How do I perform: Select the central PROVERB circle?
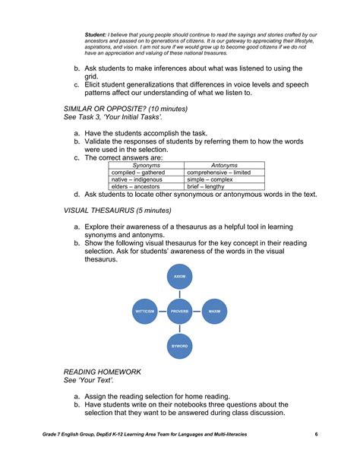tap(180, 312)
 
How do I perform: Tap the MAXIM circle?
tap(214, 312)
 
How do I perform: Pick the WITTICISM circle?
tap(145, 312)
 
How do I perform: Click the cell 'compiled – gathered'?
tap(137, 172)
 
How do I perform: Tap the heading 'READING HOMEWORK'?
tap(102, 372)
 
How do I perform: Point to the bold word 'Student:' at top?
tap(96, 35)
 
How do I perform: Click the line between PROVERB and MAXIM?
tap(197, 312)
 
